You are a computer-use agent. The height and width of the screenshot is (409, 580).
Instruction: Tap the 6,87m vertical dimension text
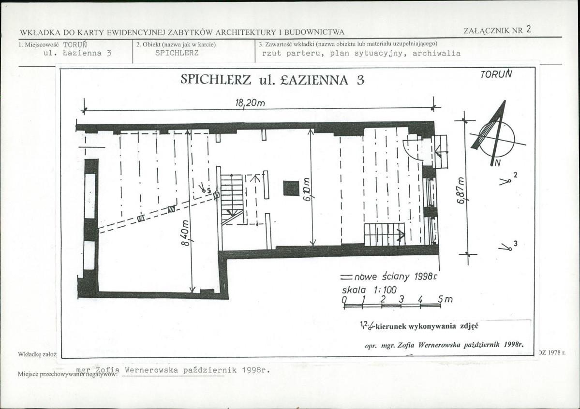[461, 189]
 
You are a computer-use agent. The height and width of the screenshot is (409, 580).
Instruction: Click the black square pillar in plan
[291, 188]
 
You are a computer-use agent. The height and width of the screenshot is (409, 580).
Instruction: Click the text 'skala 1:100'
[369, 290]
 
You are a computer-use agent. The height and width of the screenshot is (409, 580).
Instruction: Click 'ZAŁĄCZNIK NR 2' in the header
[497, 29]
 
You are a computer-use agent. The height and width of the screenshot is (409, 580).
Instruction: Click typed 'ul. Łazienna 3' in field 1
[77, 54]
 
